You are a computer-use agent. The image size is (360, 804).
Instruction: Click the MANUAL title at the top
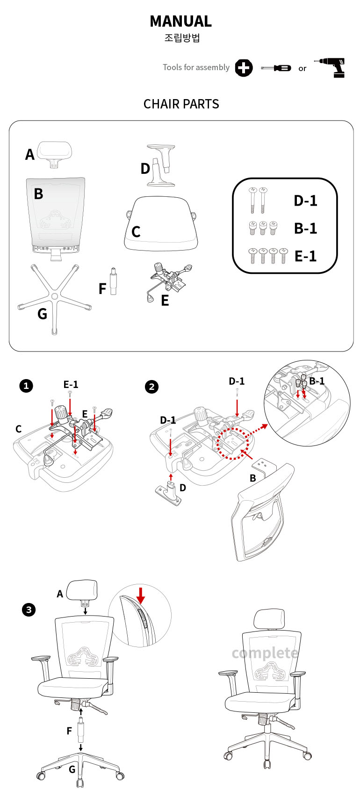point(180,22)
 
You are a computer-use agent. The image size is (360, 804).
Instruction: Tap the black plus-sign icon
point(243,68)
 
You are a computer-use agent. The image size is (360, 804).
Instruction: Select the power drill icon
point(331,68)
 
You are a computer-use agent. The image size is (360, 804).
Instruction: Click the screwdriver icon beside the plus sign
point(276,68)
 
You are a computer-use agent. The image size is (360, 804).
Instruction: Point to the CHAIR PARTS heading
point(181,104)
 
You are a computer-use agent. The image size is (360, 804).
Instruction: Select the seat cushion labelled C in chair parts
point(161,223)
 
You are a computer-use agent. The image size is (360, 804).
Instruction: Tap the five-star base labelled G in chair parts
point(54,297)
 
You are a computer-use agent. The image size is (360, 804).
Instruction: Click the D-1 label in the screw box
point(305,201)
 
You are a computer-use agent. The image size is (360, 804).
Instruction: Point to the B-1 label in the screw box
point(305,228)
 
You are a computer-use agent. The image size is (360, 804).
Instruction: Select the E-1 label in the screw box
point(305,256)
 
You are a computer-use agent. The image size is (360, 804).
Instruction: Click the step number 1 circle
point(26,386)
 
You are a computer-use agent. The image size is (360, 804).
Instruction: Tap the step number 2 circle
point(151,387)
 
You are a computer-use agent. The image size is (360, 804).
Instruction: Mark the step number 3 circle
point(29,610)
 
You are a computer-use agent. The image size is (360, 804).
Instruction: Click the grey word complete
point(265,653)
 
